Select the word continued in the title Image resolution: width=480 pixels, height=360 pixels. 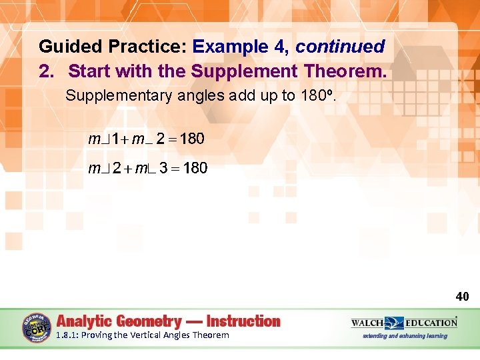click(x=340, y=47)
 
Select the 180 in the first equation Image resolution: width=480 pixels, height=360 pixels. click(x=193, y=139)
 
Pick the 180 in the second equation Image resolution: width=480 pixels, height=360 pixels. click(x=195, y=168)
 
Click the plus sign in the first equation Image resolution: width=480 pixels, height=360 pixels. click(x=125, y=140)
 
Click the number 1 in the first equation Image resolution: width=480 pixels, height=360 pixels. click(x=115, y=139)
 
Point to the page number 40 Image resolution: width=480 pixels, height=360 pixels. click(x=462, y=296)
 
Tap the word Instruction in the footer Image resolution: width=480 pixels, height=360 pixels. click(x=243, y=321)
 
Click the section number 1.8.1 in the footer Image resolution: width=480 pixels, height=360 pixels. click(x=67, y=335)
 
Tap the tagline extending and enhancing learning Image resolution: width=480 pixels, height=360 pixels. click(x=404, y=336)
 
